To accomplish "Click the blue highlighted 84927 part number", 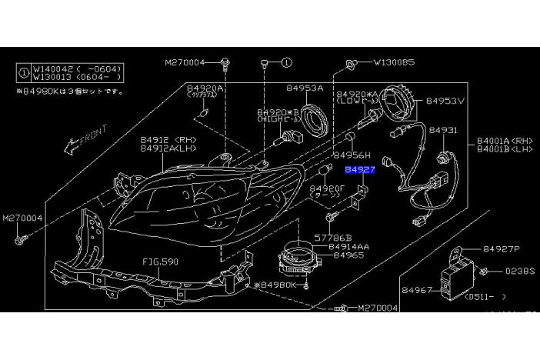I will [359, 169].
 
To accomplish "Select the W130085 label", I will [394, 62].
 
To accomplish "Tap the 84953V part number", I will [445, 101].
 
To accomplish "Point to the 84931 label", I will [442, 130].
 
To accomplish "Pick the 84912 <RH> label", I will [168, 139].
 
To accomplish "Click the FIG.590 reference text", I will [160, 262].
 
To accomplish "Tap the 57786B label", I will [332, 238].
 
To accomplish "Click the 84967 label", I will [416, 290].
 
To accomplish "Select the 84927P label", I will [502, 249].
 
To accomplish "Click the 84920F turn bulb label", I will [326, 188].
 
